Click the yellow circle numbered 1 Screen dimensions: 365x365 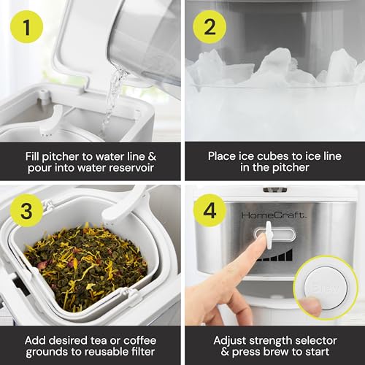pos(26,27)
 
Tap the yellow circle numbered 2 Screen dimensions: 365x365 pos(210,27)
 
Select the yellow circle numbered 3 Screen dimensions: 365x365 pos(26,210)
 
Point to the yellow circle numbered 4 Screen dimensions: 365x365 pos(210,210)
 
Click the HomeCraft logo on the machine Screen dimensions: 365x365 pos(273,215)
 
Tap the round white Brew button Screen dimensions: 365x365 pos(326,288)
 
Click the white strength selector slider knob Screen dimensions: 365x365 pos(269,235)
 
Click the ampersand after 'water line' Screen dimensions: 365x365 pos(152,156)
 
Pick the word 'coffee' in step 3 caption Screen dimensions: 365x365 pos(139,340)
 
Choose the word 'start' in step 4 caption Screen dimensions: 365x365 pos(317,352)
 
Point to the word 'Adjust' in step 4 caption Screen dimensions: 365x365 pos(230,341)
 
